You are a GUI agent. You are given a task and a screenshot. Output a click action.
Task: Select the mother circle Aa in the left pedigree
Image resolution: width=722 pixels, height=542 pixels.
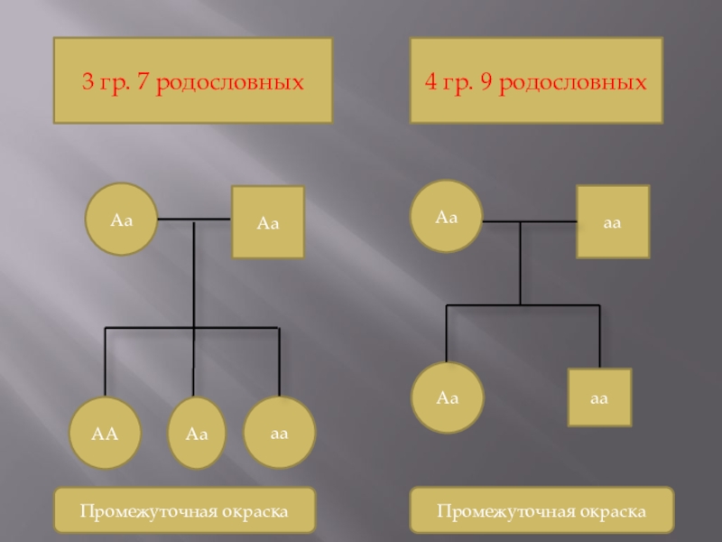point(122,220)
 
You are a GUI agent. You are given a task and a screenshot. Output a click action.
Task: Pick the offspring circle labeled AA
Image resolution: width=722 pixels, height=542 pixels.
point(105,433)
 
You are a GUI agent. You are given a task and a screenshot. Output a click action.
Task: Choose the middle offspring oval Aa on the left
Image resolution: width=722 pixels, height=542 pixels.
point(197,434)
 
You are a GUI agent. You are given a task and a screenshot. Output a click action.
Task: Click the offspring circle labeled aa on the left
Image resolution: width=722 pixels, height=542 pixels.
point(279,433)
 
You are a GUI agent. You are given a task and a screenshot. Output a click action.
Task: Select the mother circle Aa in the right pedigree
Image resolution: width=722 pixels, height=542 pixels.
point(446,217)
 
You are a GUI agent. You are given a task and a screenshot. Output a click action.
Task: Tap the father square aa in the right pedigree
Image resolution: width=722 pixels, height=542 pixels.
point(613,221)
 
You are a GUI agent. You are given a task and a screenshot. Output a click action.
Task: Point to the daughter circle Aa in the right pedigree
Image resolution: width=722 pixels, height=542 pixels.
point(448,397)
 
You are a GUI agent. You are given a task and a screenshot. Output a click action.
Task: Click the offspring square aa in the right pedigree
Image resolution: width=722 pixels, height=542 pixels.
point(599,397)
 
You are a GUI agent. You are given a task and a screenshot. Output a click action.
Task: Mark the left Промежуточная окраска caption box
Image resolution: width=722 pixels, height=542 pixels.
point(184,511)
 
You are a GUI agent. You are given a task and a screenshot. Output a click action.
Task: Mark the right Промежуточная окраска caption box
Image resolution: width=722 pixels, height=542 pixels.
point(541,511)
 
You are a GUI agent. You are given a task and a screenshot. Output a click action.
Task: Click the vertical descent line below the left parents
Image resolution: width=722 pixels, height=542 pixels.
point(195,271)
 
